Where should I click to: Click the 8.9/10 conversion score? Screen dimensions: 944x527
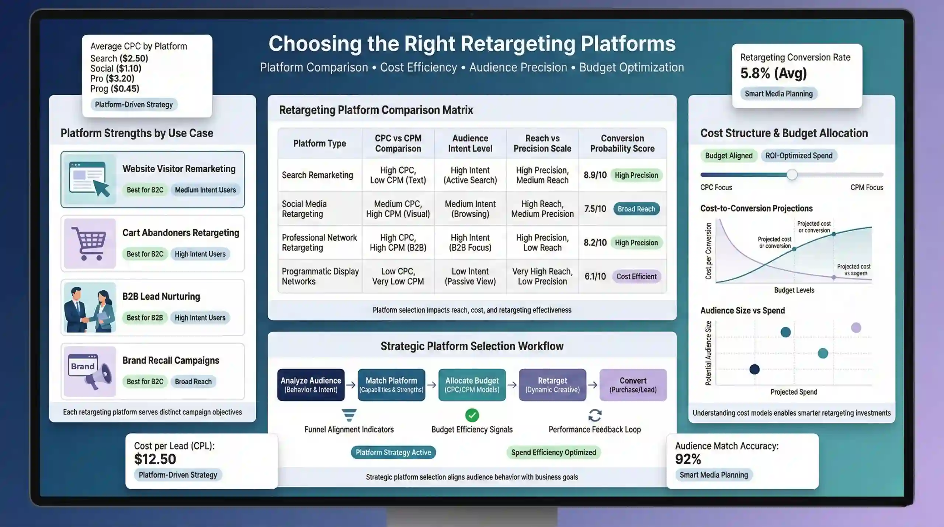595,175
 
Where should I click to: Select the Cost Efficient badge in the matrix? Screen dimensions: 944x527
636,277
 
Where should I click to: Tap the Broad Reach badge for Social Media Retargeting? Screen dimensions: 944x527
636,209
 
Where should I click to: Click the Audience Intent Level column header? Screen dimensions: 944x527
470,143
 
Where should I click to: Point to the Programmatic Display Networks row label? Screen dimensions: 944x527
320,277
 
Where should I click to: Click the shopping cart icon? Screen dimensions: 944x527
89,243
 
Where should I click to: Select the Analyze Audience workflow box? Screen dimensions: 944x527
311,385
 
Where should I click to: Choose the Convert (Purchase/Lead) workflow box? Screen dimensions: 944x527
633,385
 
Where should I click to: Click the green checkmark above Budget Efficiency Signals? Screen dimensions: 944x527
472,415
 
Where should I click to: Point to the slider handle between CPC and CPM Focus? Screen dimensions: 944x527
792,175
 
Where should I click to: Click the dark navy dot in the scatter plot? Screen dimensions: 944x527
754,369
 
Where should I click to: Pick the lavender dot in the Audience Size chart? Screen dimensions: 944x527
856,327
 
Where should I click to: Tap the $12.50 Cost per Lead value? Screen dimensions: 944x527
155,460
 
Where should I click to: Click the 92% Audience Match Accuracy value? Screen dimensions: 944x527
688,460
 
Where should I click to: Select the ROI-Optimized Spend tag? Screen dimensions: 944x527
799,156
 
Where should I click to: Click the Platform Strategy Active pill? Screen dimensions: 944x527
393,453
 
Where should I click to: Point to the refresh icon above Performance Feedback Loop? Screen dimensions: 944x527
595,415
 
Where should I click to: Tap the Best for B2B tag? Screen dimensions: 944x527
145,318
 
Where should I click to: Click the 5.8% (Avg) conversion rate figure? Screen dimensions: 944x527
774,73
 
